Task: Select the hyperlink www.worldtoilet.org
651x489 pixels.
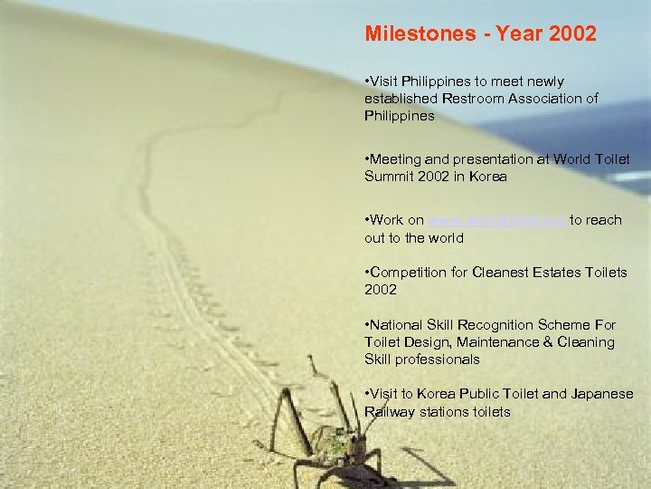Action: click(496, 220)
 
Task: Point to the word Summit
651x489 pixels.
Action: click(390, 177)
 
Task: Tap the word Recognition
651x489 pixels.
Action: click(501, 324)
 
